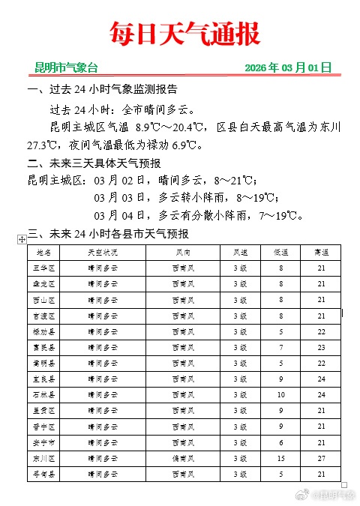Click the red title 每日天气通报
[184, 34]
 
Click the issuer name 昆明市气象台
[66, 67]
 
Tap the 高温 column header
[321, 253]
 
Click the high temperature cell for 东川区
[321, 457]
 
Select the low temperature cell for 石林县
[281, 394]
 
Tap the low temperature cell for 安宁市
[281, 442]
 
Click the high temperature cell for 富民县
[321, 347]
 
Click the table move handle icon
[22, 238]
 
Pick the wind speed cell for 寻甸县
[240, 473]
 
